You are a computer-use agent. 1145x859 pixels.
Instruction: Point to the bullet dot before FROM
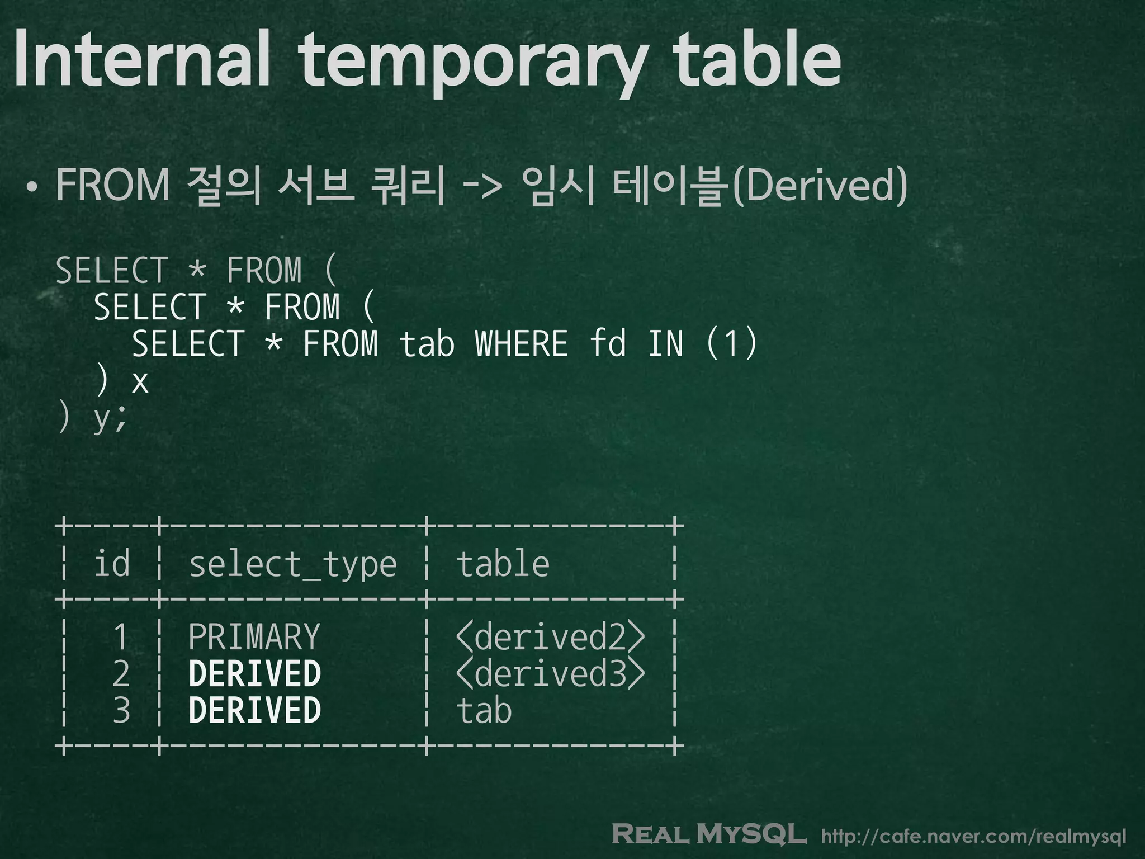click(32, 187)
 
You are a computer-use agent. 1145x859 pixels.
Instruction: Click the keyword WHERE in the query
click(521, 343)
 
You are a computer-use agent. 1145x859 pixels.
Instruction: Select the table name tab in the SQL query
click(426, 343)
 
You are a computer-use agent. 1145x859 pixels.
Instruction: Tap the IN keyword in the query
click(666, 343)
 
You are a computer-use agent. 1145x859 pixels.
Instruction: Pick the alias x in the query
click(140, 381)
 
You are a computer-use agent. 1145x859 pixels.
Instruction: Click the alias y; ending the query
click(111, 418)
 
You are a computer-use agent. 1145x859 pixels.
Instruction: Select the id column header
click(112, 563)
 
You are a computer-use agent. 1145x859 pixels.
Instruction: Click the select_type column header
click(292, 564)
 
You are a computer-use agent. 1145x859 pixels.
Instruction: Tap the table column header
click(503, 563)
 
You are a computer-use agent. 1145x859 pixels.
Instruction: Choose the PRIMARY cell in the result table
click(254, 636)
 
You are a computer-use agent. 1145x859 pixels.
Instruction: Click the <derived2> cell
click(550, 636)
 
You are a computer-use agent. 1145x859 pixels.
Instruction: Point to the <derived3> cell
click(550, 673)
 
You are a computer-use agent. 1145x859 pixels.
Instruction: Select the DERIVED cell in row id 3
click(255, 710)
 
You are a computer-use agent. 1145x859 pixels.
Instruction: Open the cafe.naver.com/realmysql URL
click(973, 837)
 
